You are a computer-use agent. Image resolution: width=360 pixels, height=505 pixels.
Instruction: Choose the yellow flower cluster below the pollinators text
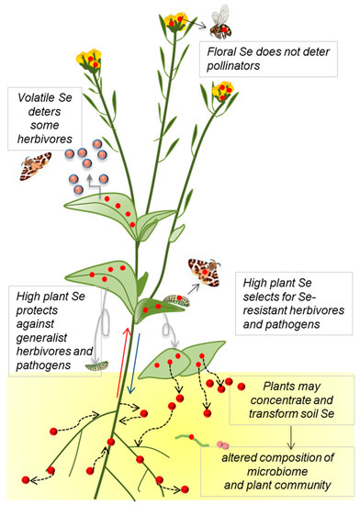click(223, 93)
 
